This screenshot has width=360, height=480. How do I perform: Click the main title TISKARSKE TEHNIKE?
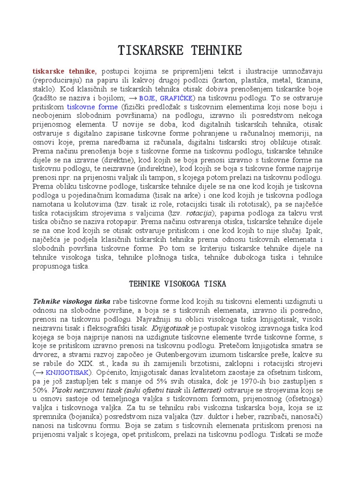point(180,50)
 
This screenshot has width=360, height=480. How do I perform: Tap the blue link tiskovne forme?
point(89,107)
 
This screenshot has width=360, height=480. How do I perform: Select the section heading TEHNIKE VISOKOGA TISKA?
point(177,284)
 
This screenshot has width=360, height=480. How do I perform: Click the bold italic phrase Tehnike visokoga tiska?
point(71,301)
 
